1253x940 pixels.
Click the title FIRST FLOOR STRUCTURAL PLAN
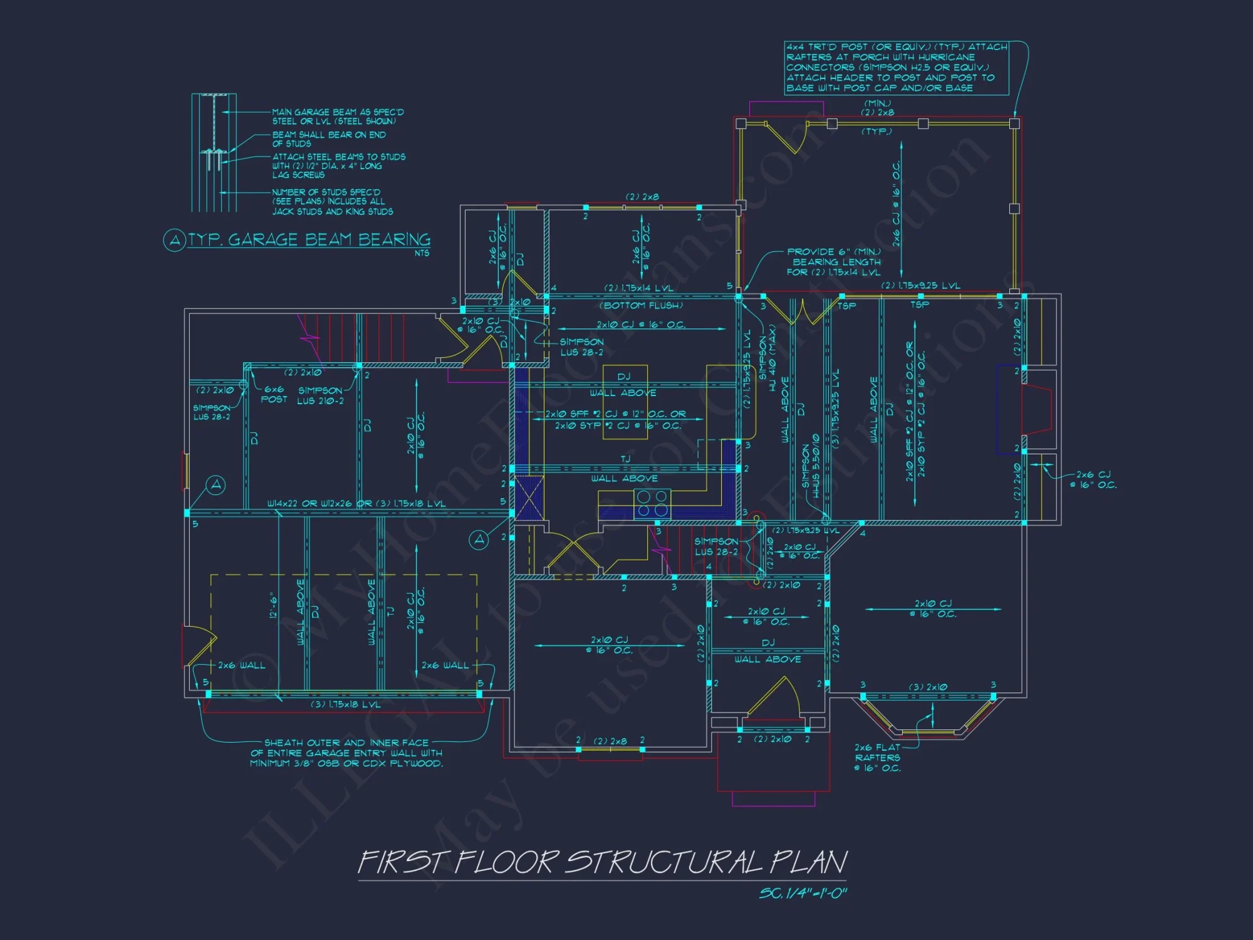tap(601, 862)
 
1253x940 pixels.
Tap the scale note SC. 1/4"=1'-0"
tap(803, 892)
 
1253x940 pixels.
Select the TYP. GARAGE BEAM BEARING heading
tap(309, 240)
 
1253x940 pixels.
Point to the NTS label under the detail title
tap(422, 253)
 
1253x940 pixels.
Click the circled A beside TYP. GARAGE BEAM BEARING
tap(174, 240)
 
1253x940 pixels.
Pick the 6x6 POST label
tap(274, 394)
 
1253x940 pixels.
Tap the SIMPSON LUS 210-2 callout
tap(320, 395)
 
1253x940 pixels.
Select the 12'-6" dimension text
tap(273, 605)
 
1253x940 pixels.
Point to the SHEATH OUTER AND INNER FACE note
tap(346, 753)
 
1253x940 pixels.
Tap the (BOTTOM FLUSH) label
tap(641, 306)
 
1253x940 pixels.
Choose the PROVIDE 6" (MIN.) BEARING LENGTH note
tap(834, 262)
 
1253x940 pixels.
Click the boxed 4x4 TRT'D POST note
tap(896, 68)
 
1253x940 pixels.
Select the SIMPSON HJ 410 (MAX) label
tap(767, 358)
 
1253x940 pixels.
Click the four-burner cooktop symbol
tap(652, 504)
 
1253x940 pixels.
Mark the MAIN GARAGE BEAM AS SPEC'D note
tap(337, 117)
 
